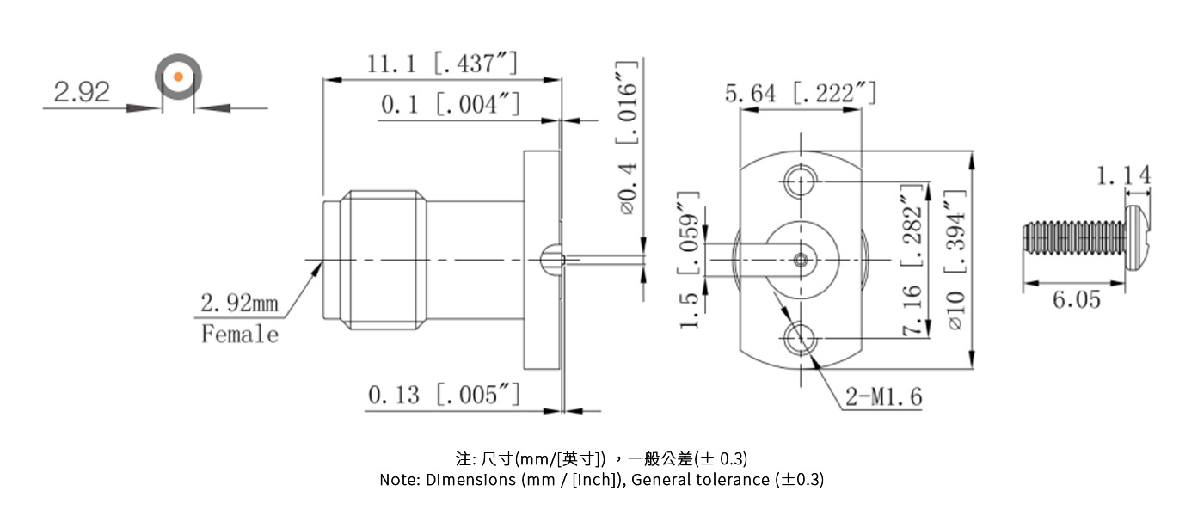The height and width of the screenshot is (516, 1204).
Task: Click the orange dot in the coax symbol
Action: coord(178,77)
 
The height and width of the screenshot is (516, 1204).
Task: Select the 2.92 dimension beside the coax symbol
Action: coord(82,91)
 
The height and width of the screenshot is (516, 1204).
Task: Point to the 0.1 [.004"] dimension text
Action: coord(451,105)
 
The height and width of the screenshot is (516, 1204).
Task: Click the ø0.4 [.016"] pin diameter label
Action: coord(629,138)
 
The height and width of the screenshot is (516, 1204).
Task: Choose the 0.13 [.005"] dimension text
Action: coord(444,395)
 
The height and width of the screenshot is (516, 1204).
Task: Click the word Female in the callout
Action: coord(240,334)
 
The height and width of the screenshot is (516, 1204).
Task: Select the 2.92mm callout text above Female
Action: coord(240,304)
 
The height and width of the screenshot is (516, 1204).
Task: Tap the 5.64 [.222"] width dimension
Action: coord(800,93)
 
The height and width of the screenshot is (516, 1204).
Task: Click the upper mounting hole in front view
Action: coord(801,181)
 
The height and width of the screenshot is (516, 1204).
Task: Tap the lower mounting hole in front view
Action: coord(801,338)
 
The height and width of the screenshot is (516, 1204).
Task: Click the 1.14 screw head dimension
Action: coord(1123,175)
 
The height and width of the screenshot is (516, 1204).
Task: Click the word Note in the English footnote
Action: coord(399,480)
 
